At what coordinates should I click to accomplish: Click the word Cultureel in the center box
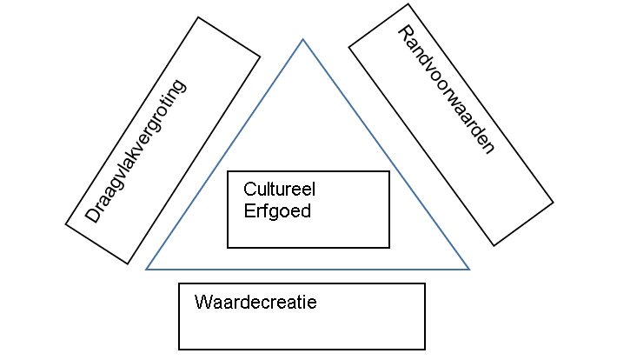[x=273, y=189]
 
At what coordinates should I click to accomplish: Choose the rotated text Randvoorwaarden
[x=445, y=89]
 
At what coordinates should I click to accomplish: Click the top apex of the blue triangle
[x=303, y=39]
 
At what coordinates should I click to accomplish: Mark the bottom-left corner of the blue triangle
[x=146, y=270]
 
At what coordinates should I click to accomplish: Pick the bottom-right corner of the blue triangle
[x=469, y=270]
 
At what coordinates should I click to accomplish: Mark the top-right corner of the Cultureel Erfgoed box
[x=389, y=171]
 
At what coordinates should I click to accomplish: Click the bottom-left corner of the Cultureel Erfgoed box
[x=228, y=248]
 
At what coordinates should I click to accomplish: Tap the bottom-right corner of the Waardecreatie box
[x=425, y=350]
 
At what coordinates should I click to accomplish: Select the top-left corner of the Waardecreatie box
[x=179, y=283]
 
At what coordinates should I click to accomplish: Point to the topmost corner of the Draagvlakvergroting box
[x=197, y=17]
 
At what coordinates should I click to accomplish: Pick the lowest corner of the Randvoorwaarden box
[x=494, y=245]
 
